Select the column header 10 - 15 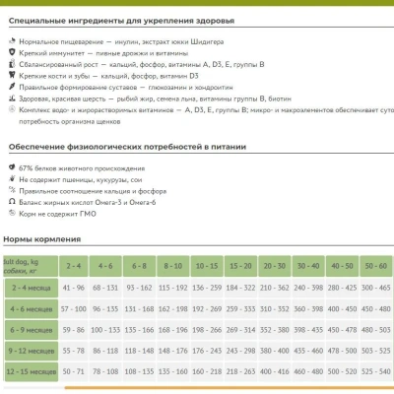(x=207, y=266)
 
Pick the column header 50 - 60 (x=374, y=266)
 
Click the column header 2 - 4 (x=73, y=266)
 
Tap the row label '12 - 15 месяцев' (x=32, y=372)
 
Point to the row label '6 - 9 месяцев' (x=32, y=329)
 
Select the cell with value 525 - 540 (x=374, y=372)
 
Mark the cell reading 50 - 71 (x=73, y=372)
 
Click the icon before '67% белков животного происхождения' (x=10, y=164)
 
